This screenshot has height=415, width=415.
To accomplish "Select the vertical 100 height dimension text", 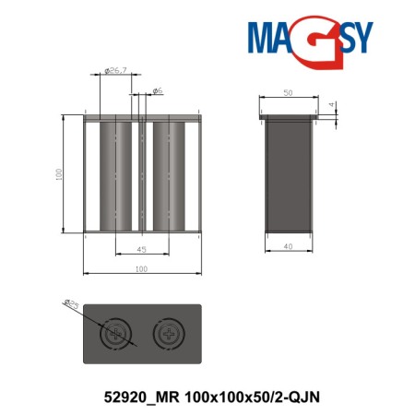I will [x=57, y=173].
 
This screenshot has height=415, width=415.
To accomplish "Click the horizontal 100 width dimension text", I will [x=141, y=269].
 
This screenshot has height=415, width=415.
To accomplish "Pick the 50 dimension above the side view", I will [x=287, y=93].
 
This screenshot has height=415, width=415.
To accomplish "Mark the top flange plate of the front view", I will [x=141, y=117].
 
